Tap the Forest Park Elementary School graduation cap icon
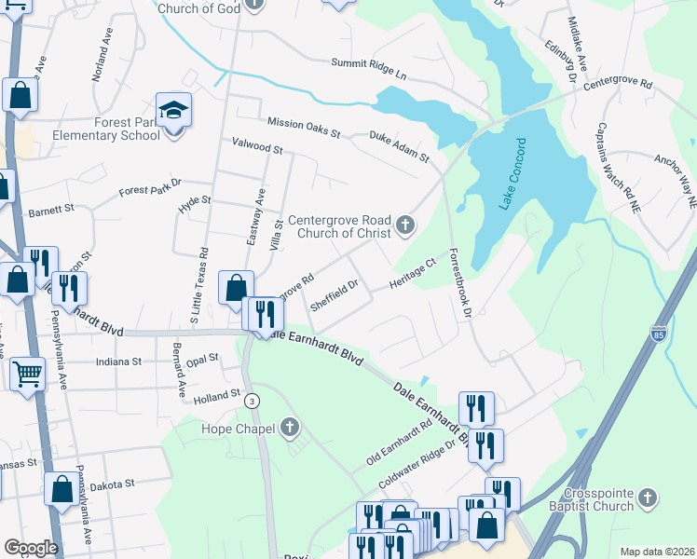click(x=173, y=112)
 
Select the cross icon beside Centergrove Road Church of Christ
click(x=404, y=224)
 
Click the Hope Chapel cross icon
click(x=290, y=429)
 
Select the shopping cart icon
click(x=27, y=374)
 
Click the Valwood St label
click(x=256, y=148)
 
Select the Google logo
click(x=31, y=548)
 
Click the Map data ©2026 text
click(x=657, y=552)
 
